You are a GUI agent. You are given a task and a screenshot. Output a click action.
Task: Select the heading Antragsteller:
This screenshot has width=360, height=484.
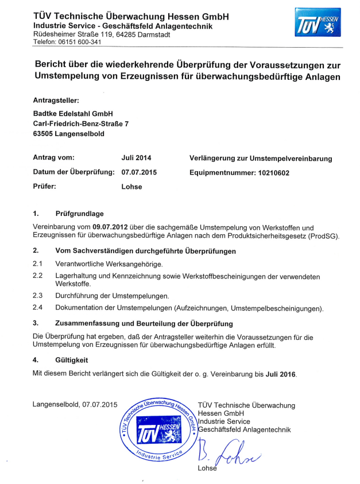click(56, 100)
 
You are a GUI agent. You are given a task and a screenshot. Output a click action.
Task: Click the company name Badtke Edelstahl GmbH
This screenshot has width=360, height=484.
click(73, 113)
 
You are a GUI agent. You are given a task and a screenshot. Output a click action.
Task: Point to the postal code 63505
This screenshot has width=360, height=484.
click(44, 134)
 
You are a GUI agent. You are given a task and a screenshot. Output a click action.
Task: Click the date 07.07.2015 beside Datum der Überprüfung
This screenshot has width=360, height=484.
click(139, 172)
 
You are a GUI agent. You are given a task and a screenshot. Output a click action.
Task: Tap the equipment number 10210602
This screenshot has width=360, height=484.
click(271, 172)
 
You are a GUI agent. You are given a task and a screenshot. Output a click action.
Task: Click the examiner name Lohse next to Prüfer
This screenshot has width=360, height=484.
click(131, 187)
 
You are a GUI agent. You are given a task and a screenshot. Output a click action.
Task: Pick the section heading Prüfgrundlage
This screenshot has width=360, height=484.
click(79, 214)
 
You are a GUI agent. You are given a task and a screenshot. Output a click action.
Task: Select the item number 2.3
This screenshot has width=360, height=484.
click(38, 296)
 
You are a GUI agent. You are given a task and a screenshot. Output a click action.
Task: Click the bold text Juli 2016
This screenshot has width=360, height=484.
click(280, 374)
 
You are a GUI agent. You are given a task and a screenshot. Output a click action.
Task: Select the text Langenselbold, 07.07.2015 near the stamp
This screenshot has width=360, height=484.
click(75, 405)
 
